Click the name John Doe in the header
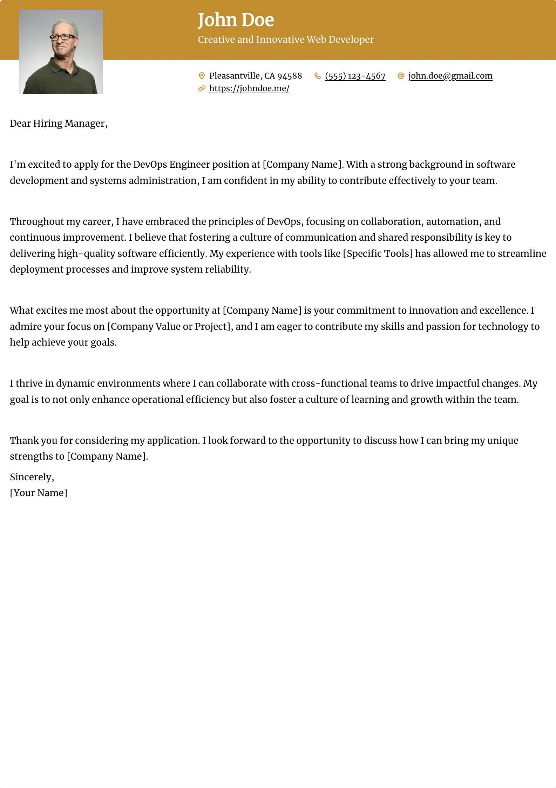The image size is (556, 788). pyautogui.click(x=236, y=20)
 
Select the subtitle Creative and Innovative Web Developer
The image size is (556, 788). pyautogui.click(x=285, y=40)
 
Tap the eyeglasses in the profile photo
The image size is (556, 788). pyautogui.click(x=62, y=37)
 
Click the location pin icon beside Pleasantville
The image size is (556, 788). pyautogui.click(x=202, y=76)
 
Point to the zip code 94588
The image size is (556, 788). pyautogui.click(x=290, y=76)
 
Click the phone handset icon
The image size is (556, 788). pyautogui.click(x=318, y=76)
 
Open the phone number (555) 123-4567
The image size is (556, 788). pyautogui.click(x=355, y=76)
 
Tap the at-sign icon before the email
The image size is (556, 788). pyautogui.click(x=401, y=76)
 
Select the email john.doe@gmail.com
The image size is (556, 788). pyautogui.click(x=450, y=76)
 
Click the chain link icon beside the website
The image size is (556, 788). pyautogui.click(x=202, y=88)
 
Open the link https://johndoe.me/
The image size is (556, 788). pyautogui.click(x=249, y=88)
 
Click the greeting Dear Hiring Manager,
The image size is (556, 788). pyautogui.click(x=59, y=123)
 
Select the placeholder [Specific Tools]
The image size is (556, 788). pyautogui.click(x=378, y=253)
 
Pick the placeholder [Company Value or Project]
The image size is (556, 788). pyautogui.click(x=170, y=326)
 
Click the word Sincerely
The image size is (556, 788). pyautogui.click(x=31, y=477)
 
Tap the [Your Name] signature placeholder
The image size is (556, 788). pyautogui.click(x=39, y=493)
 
